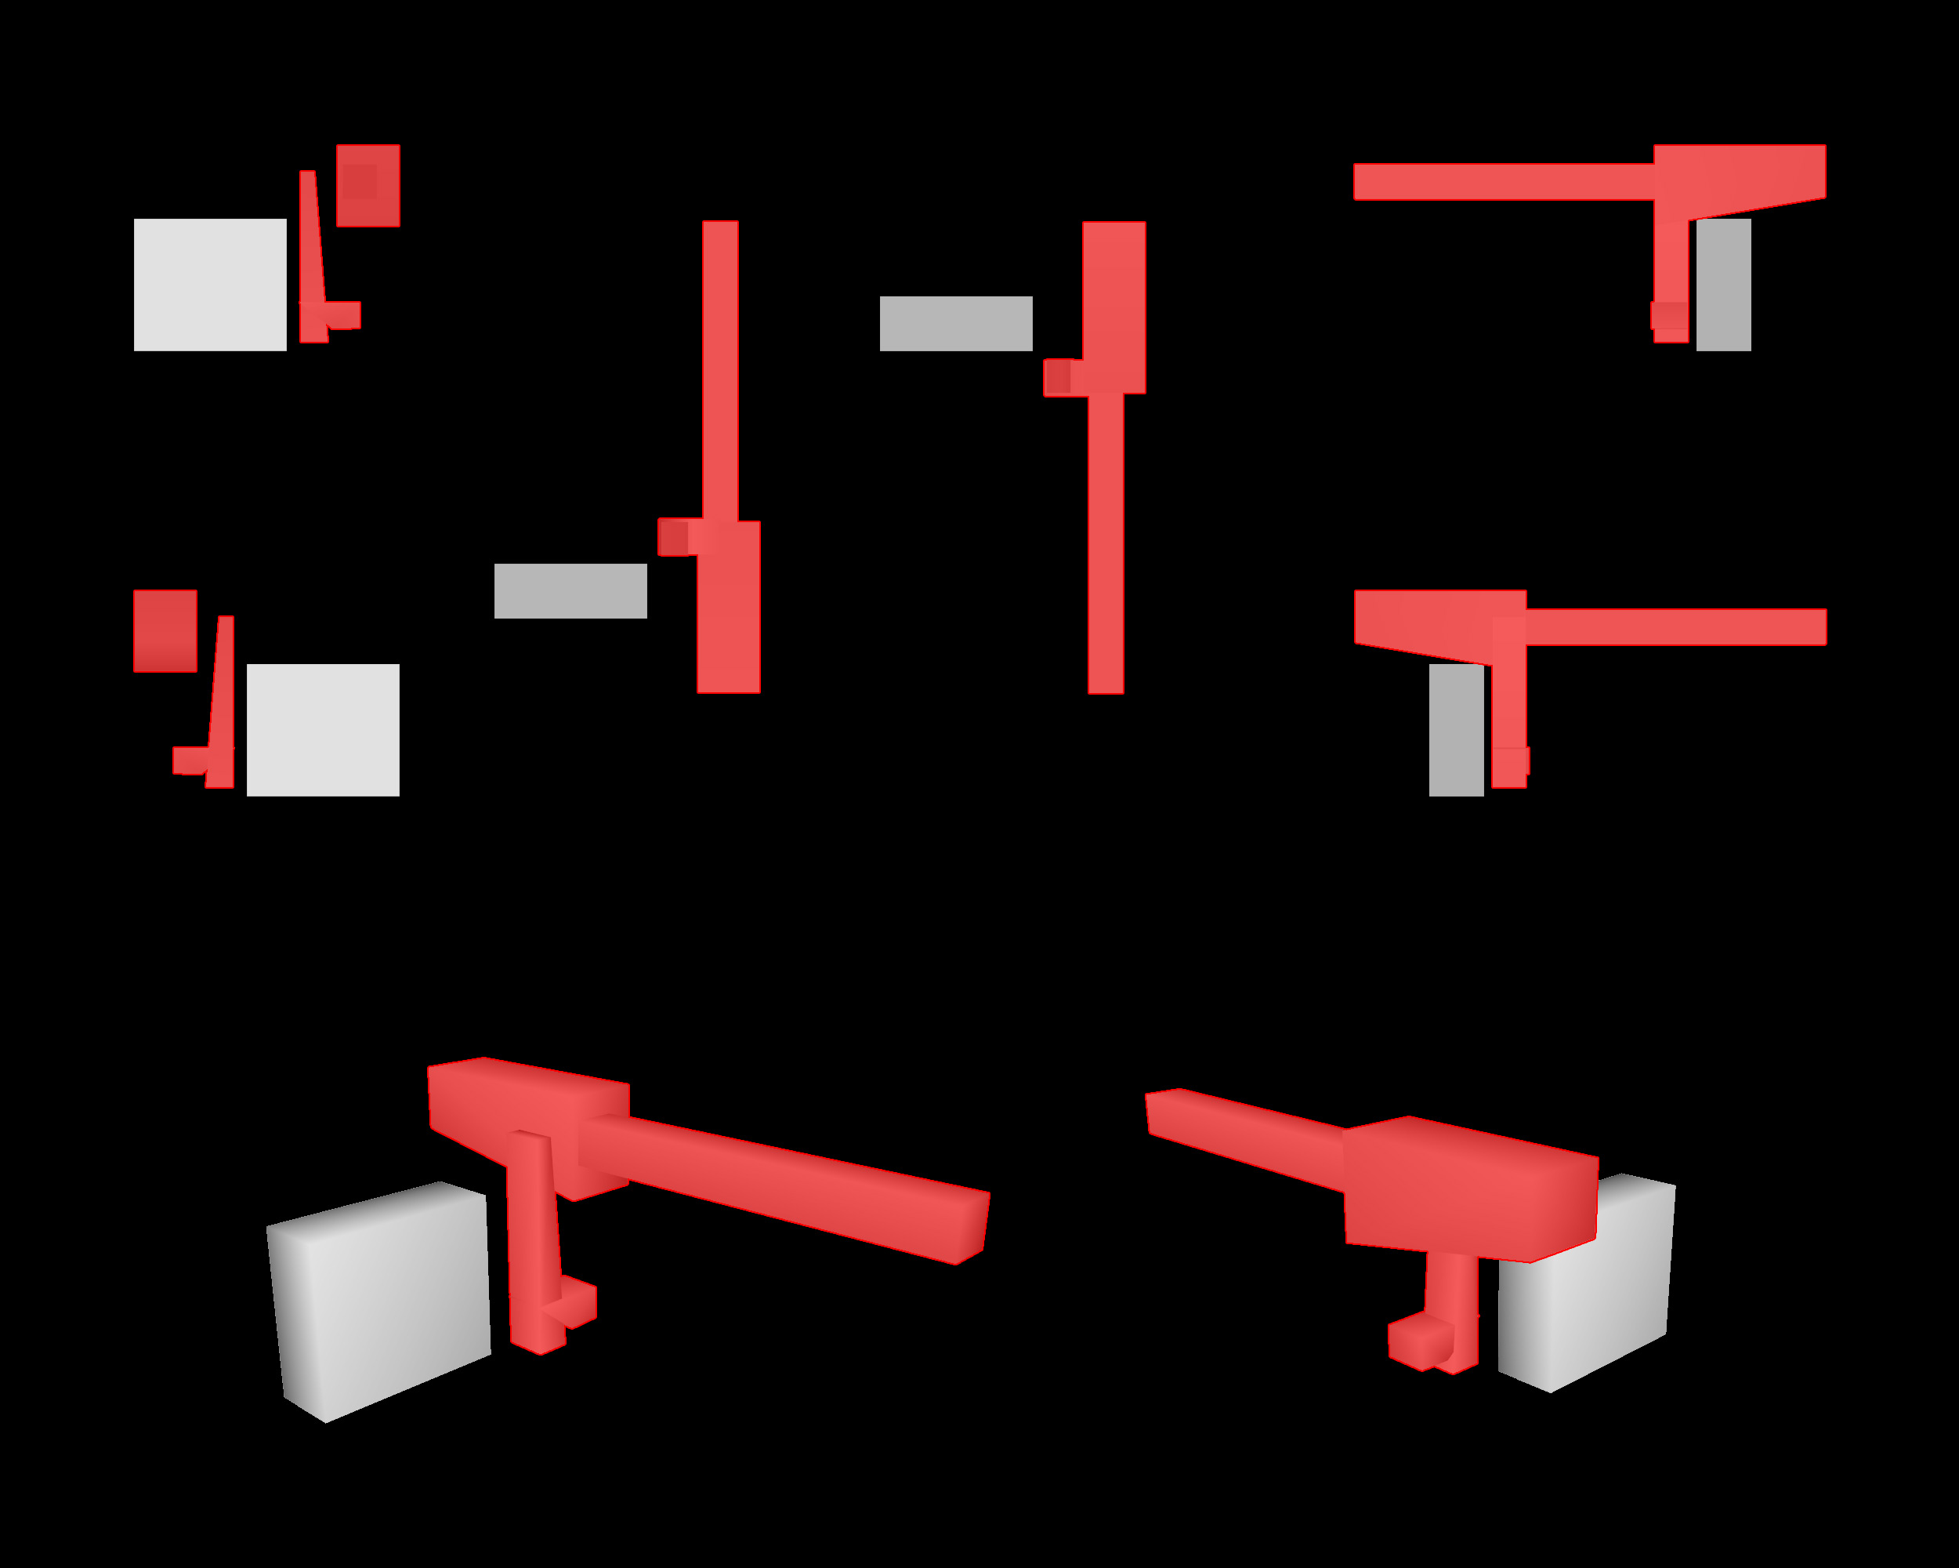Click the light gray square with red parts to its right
[210, 285]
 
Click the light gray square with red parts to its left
[323, 730]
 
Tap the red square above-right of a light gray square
[368, 186]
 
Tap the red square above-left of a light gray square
[165, 631]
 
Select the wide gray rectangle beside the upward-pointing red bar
[570, 591]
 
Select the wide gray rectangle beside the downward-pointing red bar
[956, 324]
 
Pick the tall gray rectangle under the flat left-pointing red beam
[1724, 285]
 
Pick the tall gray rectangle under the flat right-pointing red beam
[1457, 730]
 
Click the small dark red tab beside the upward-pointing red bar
[673, 536]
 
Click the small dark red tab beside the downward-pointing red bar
[1058, 377]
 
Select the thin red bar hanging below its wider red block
[1106, 546]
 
